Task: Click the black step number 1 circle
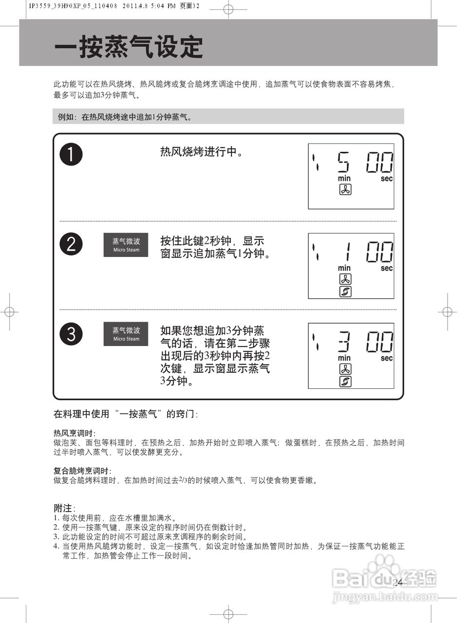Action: [71, 154]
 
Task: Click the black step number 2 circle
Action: [71, 244]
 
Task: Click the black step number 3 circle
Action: [71, 334]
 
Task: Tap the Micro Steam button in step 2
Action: [126, 245]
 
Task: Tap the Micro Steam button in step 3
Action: [126, 334]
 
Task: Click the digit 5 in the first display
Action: [343, 162]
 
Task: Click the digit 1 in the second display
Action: [347, 252]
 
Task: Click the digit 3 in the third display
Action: [344, 342]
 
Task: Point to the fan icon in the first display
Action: [345, 190]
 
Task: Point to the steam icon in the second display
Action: [345, 292]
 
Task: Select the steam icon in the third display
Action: [345, 382]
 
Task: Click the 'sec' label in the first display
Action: [387, 179]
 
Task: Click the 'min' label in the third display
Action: [344, 358]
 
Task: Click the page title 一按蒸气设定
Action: [129, 47]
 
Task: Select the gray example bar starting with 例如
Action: [228, 117]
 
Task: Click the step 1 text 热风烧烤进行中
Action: [202, 152]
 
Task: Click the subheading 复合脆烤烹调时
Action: [82, 471]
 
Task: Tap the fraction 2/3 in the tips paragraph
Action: [184, 480]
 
